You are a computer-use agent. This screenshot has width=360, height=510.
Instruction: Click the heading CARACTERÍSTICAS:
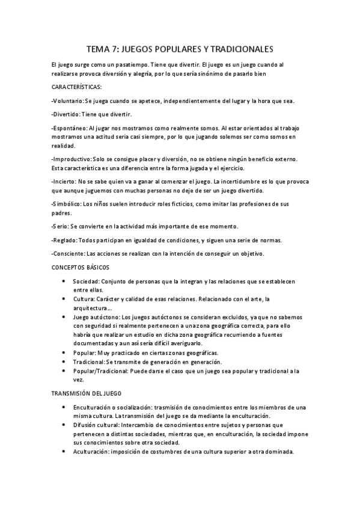coord(77,87)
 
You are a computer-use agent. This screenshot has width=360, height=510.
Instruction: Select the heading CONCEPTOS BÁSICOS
coord(81,266)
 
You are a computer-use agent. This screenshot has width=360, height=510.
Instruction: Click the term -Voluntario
coord(67,100)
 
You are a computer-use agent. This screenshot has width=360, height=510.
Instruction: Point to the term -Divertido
coord(66,114)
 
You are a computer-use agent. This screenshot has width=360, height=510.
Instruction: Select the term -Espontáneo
coord(69,128)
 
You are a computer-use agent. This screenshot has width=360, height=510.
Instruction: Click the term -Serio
coord(60,226)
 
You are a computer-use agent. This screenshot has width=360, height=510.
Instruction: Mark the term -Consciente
coord(68,254)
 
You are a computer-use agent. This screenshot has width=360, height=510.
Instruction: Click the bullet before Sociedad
coord(64,281)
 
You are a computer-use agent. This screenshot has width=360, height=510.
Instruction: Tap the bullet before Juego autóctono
coord(64,317)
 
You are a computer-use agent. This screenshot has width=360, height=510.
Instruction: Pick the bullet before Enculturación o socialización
coord(64,407)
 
